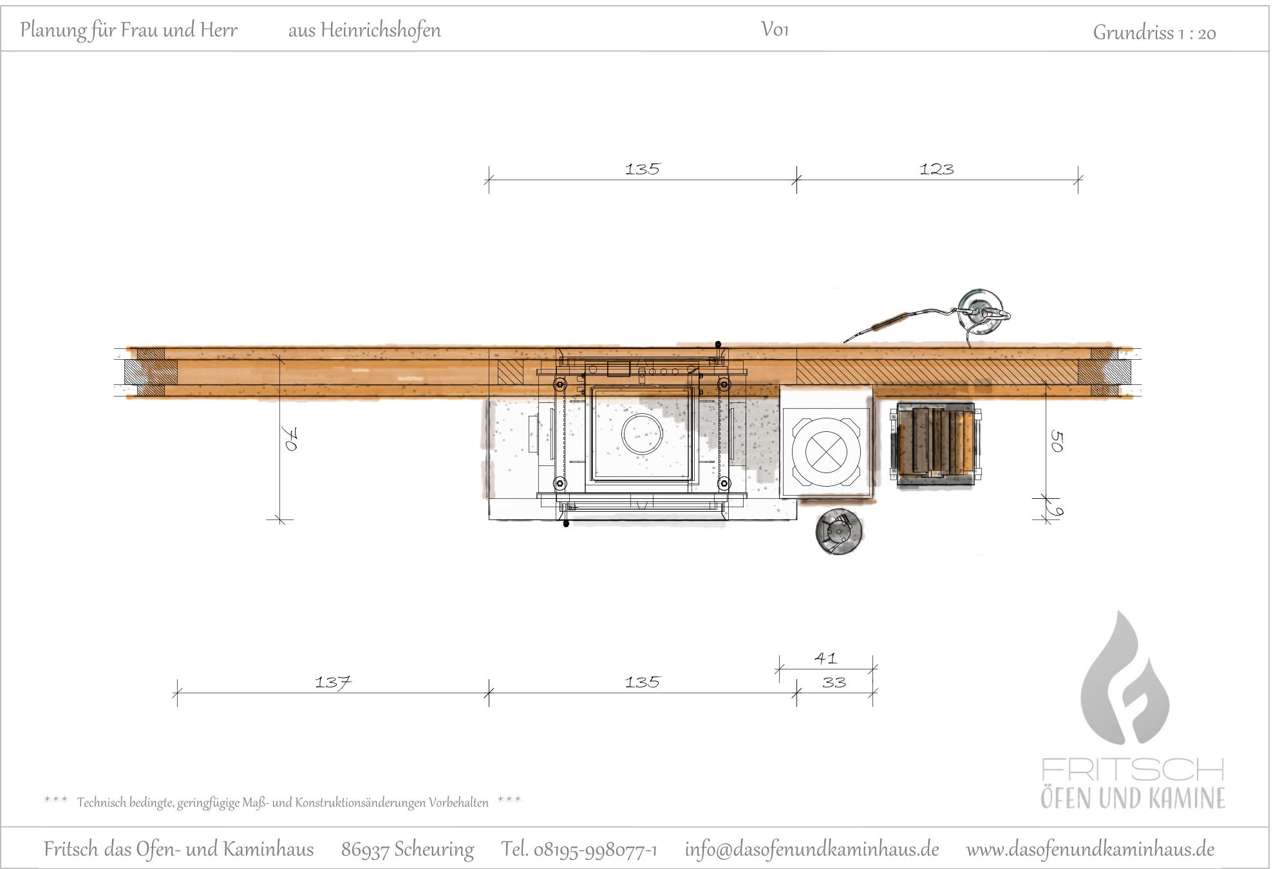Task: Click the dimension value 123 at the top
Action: tap(937, 169)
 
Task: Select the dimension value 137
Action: tap(333, 682)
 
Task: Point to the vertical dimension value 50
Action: tap(1057, 442)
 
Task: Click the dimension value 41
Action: tap(825, 658)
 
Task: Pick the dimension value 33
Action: tap(834, 682)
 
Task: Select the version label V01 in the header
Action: tap(775, 30)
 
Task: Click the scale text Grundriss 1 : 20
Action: tap(1154, 32)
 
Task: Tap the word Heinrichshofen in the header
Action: tap(381, 30)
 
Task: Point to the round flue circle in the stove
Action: tap(642, 433)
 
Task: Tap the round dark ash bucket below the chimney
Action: tap(839, 532)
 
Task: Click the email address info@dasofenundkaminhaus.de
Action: tap(812, 849)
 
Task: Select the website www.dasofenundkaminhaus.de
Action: tap(1090, 849)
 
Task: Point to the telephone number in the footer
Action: tap(579, 850)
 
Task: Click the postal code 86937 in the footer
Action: tap(365, 850)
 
